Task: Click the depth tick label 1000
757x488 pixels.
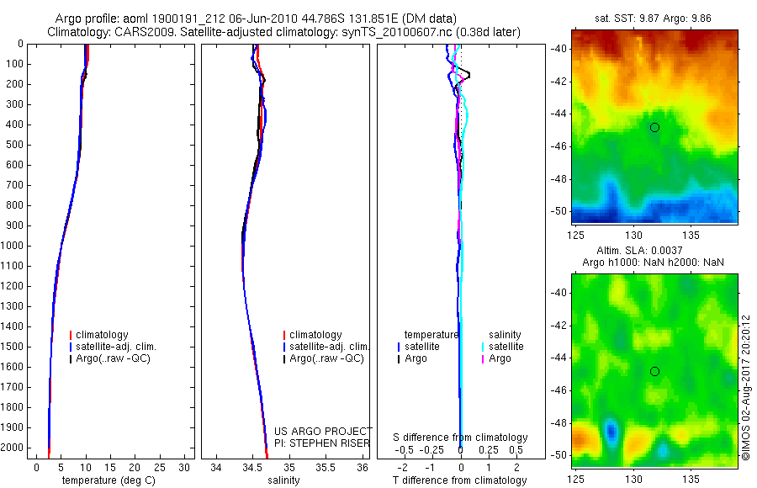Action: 12,246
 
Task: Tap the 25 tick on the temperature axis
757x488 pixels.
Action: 159,468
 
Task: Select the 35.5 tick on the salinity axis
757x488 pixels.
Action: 326,468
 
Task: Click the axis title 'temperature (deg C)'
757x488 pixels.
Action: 109,480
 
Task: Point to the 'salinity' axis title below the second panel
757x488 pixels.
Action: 283,480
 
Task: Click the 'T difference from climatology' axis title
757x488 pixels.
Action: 459,480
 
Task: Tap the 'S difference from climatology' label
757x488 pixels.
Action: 460,438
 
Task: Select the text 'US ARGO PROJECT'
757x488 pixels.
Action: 323,431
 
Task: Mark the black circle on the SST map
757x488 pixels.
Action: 654,128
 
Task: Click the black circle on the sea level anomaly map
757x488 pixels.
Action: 654,372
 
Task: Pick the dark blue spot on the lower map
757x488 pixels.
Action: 611,430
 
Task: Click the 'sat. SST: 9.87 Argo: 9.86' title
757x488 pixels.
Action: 653,19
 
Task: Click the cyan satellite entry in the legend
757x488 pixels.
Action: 502,347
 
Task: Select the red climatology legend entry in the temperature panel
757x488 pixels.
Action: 98,335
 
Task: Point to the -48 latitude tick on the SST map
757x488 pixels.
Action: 558,179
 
